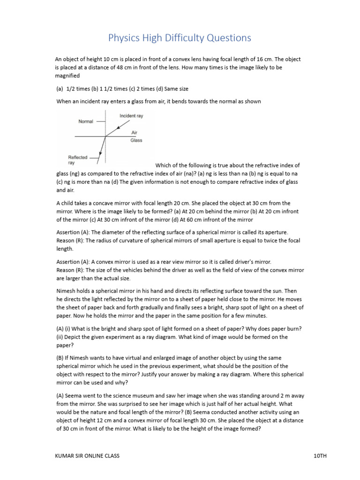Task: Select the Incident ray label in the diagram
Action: [131, 116]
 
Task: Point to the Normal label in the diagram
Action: [86, 121]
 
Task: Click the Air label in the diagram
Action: [134, 133]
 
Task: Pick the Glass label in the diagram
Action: [136, 140]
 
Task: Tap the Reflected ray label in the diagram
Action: [78, 160]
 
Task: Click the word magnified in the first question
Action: [67, 76]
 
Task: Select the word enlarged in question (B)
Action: [149, 358]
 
